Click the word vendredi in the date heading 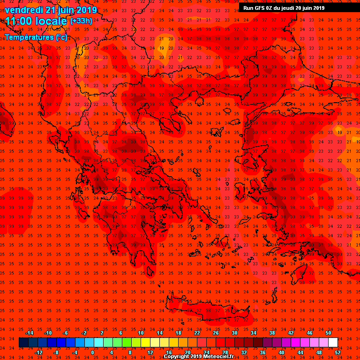24,10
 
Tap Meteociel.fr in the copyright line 218,356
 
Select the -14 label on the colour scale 29,333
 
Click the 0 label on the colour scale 92,352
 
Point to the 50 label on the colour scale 328,333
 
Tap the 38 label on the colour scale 272,333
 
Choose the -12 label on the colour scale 39,352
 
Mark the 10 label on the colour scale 141,333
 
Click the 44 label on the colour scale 300,352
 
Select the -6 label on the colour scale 66,333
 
